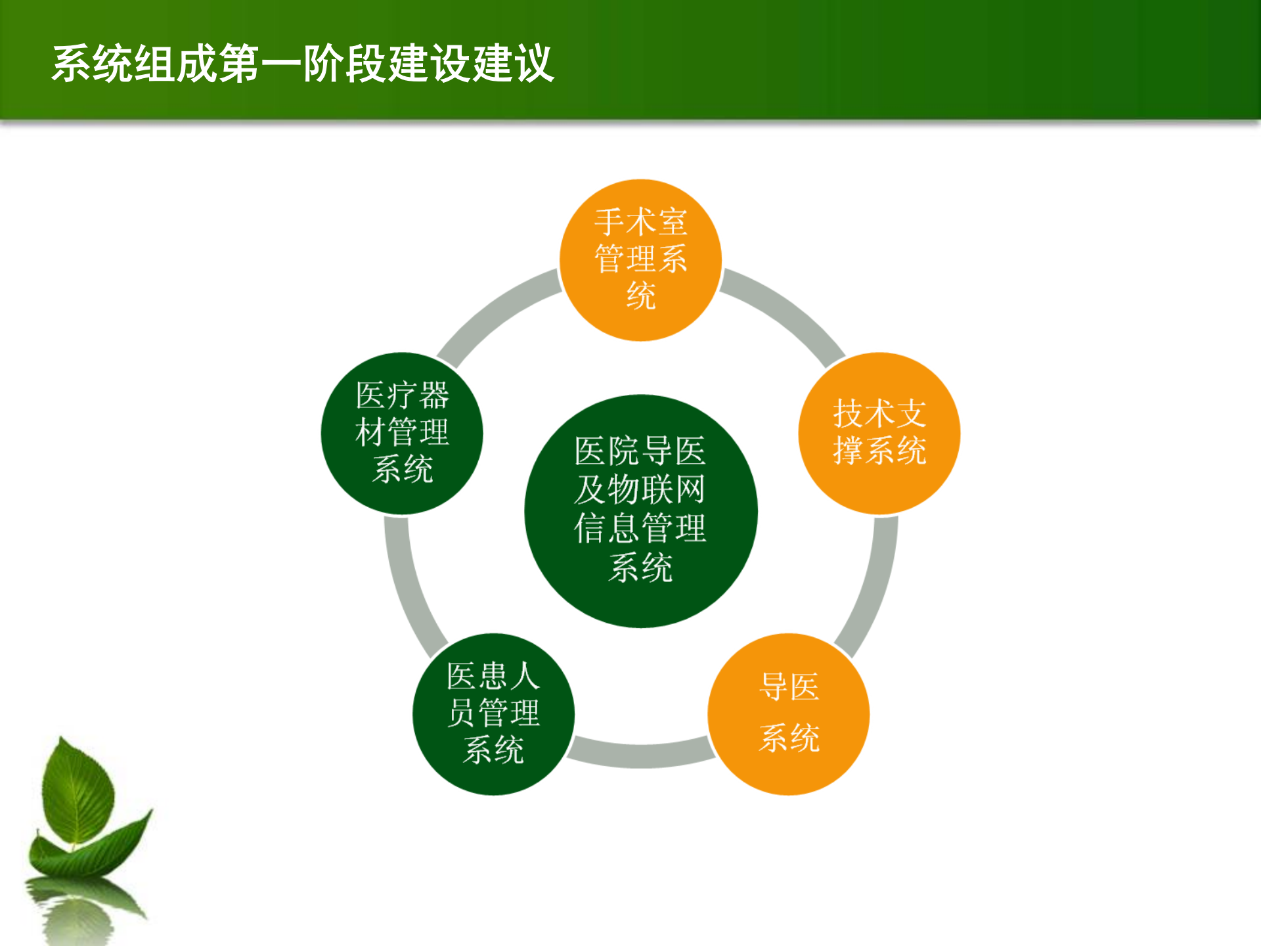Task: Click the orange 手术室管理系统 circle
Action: click(640, 260)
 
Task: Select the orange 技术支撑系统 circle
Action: click(879, 434)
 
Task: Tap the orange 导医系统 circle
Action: click(788, 714)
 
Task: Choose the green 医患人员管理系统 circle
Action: click(493, 714)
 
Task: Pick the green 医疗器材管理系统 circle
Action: click(402, 434)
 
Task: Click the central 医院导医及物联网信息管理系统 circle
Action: click(640, 511)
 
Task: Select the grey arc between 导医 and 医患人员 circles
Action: click(640, 755)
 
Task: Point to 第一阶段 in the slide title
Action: click(302, 64)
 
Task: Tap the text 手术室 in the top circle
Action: click(640, 222)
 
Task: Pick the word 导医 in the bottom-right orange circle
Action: click(789, 687)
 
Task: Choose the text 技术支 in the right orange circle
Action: click(879, 414)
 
